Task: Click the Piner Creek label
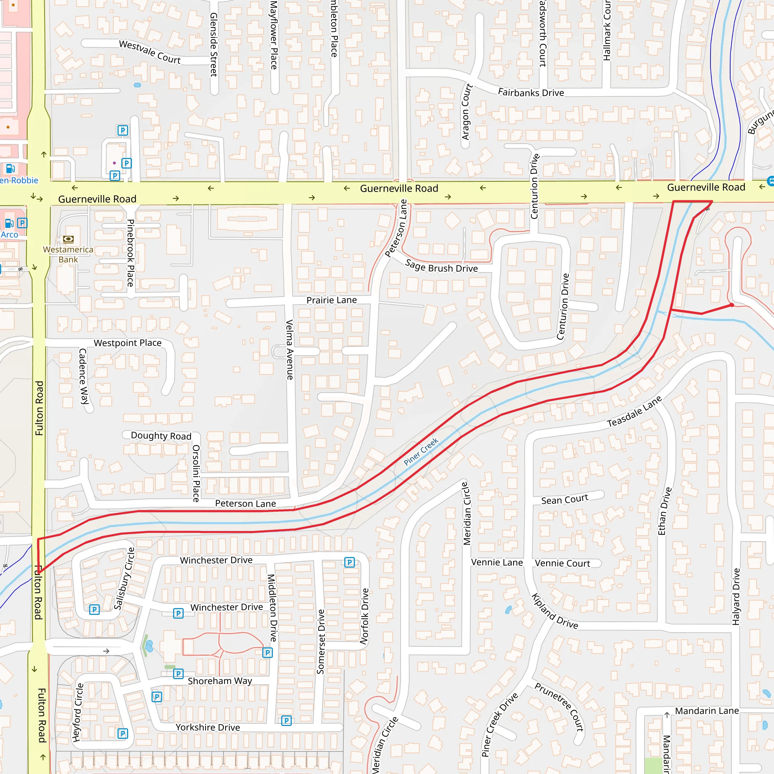pos(421,452)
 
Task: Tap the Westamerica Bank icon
pos(68,239)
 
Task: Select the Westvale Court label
pos(150,52)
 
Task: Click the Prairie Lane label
pos(331,300)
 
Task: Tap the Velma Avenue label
pos(289,349)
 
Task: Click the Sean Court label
pos(565,500)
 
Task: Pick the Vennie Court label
pos(562,563)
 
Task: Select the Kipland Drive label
pos(554,611)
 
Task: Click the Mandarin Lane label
pos(707,711)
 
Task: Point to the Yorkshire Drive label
pos(207,727)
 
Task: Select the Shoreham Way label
pos(220,681)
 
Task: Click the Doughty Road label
pos(161,436)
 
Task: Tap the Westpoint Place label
pos(127,343)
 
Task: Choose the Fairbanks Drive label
pos(531,93)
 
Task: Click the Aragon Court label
pos(466,112)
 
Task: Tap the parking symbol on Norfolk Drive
pos(349,562)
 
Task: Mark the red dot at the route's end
pos(732,305)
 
